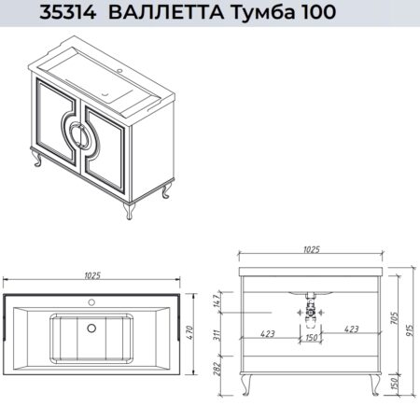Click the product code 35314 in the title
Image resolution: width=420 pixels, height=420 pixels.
coord(68,12)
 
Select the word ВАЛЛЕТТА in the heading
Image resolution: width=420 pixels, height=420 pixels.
coord(166,12)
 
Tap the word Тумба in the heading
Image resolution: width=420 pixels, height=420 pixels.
coord(261,12)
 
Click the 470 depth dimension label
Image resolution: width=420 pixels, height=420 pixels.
coord(190,332)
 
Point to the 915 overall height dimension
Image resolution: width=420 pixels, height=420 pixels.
coord(410,329)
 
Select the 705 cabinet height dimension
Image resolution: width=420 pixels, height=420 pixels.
coord(394,318)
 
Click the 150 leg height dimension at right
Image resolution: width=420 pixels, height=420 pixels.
coord(394,384)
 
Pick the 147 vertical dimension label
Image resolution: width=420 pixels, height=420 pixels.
coord(217,300)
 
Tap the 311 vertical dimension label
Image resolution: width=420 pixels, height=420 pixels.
coord(217,335)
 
